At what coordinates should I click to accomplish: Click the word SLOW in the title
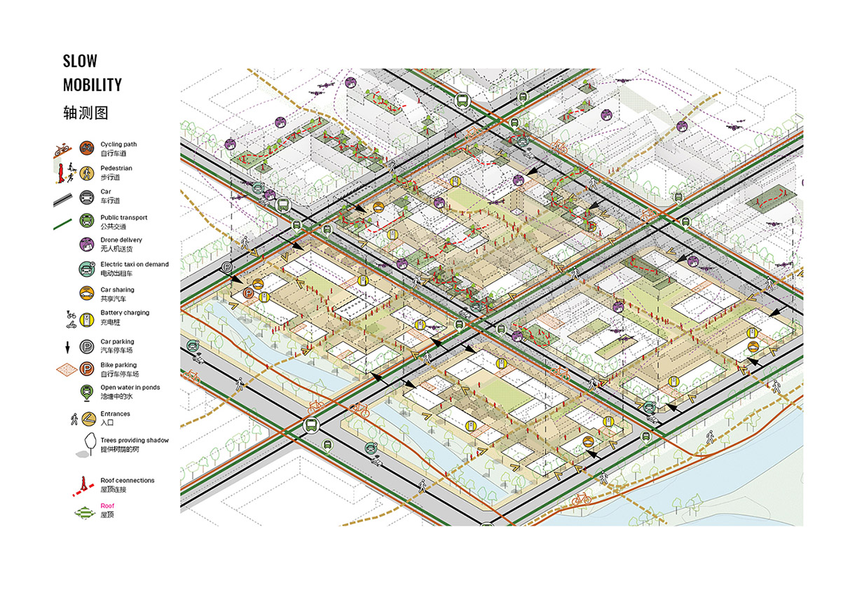pos(80,62)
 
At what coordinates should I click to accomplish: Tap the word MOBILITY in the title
pos(92,85)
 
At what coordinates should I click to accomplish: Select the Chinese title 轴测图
pos(86,113)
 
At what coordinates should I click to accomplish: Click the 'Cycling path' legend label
pos(118,144)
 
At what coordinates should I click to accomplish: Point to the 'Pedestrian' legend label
pos(116,168)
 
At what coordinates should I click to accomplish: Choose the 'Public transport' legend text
pos(123,218)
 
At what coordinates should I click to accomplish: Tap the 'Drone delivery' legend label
pos(121,240)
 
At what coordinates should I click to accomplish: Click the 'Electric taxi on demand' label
pos(134,264)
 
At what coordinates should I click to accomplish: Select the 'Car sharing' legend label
pos(117,289)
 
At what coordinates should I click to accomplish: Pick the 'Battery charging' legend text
pos(124,313)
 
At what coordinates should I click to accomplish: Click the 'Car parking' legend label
pos(118,341)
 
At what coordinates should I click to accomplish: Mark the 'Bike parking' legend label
pos(118,365)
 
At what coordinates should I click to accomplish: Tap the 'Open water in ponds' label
pos(130,388)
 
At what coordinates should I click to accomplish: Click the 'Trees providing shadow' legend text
pos(134,440)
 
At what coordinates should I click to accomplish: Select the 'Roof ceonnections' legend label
pos(127,480)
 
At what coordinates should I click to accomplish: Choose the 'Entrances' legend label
pos(115,413)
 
